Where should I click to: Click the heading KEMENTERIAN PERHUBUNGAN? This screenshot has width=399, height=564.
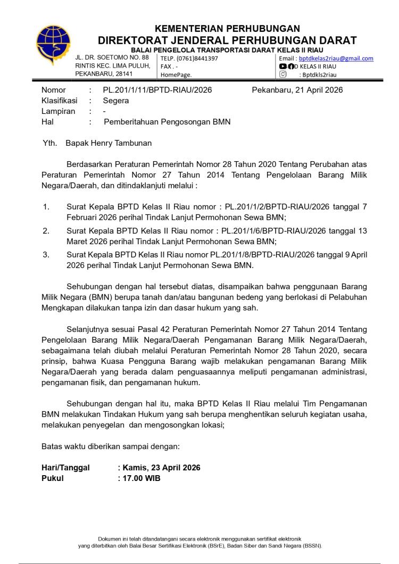point(227,29)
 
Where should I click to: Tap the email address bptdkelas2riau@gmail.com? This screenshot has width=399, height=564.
point(336,59)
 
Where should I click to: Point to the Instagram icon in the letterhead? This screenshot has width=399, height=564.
point(283,74)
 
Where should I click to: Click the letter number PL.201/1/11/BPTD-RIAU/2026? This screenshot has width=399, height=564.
point(157,90)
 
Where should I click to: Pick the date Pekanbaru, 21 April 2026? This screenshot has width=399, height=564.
point(297,90)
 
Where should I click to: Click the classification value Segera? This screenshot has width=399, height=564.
point(116,101)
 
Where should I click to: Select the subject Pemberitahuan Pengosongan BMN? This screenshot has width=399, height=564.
point(167,122)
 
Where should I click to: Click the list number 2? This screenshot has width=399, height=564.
point(46,230)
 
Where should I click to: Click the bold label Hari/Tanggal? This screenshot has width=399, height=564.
point(65,468)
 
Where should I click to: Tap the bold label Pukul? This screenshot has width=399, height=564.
point(53,478)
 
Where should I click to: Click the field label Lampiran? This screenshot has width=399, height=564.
point(58,111)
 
